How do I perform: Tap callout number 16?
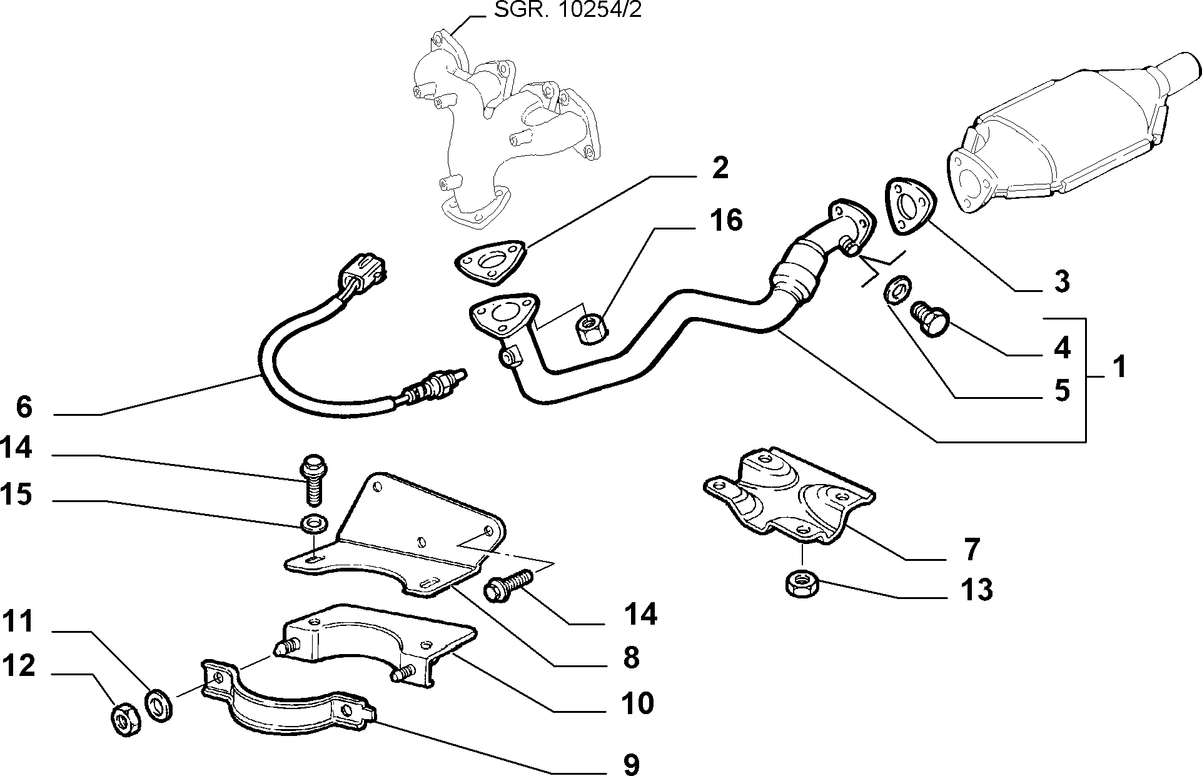726,220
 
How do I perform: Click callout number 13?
976,589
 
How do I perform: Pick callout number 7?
971,549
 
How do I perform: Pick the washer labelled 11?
158,705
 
